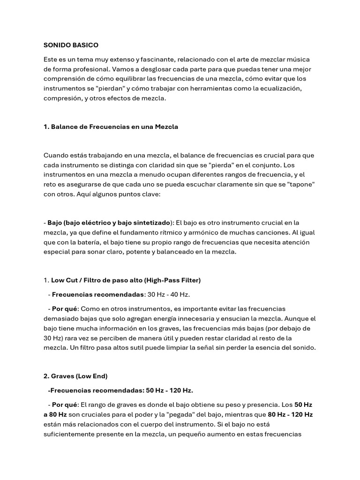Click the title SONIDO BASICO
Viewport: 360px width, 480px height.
click(x=71, y=45)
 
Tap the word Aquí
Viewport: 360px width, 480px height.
click(x=85, y=194)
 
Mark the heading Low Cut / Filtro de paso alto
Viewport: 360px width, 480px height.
click(x=126, y=280)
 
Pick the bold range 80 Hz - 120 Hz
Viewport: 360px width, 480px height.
click(x=290, y=415)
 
